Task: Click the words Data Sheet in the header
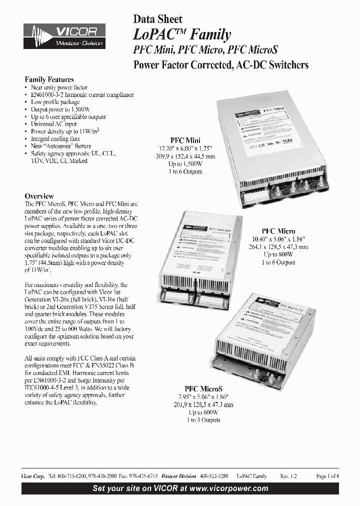click(157, 19)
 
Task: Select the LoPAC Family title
click(181, 34)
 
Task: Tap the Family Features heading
click(49, 79)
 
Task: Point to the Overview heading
click(39, 196)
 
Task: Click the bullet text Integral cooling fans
click(55, 138)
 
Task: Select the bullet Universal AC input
click(53, 123)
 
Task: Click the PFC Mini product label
click(185, 140)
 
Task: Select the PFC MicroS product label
click(203, 388)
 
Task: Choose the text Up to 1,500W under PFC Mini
click(185, 164)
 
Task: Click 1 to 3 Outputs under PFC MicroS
click(203, 420)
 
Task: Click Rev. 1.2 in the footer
click(288, 476)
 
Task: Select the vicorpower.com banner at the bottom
click(180, 488)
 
